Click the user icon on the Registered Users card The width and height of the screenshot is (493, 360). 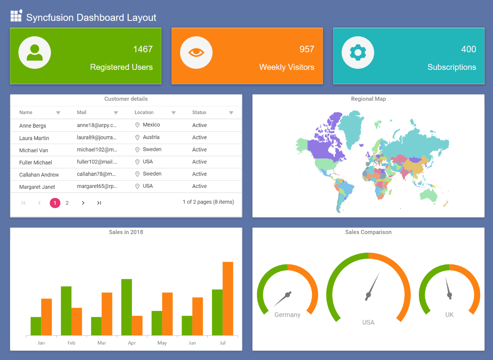(35, 52)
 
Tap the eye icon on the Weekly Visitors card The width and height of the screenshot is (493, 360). (196, 52)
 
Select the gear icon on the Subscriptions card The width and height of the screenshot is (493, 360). (358, 52)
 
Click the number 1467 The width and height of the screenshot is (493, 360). (143, 49)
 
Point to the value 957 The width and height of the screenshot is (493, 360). (307, 49)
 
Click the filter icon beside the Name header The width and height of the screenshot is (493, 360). (58, 113)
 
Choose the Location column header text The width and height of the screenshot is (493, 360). (144, 112)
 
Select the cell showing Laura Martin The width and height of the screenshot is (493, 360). (34, 138)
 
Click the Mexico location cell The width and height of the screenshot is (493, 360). (151, 125)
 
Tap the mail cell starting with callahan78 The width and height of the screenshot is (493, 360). (96, 174)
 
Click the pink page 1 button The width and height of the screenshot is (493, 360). (55, 203)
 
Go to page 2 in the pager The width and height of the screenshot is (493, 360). (67, 203)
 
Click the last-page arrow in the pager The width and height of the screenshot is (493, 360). (99, 203)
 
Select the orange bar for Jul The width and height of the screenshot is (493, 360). (228, 298)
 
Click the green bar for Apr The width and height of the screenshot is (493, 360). (127, 307)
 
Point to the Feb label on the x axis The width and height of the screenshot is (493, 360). (71, 343)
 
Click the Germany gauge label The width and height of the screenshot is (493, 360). (287, 315)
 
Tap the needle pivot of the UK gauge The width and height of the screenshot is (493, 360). (449, 295)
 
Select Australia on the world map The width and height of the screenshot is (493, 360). (429, 194)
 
